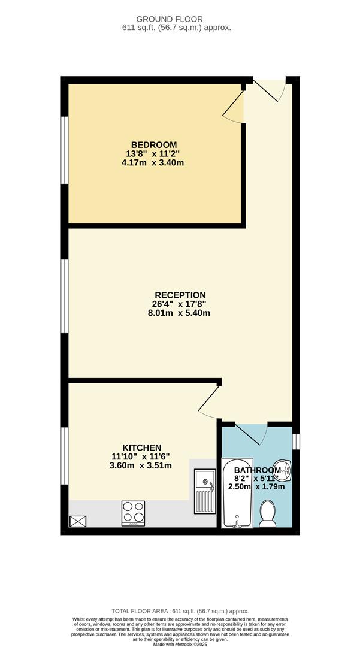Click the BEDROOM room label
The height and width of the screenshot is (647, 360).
154,144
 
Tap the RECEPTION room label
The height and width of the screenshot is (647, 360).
180,295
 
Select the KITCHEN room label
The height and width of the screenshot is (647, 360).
141,448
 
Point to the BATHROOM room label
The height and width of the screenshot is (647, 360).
257,470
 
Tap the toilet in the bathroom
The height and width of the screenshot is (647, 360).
268,513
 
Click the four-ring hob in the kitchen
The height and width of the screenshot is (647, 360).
133,513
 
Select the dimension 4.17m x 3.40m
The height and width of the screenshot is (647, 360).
154,162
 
